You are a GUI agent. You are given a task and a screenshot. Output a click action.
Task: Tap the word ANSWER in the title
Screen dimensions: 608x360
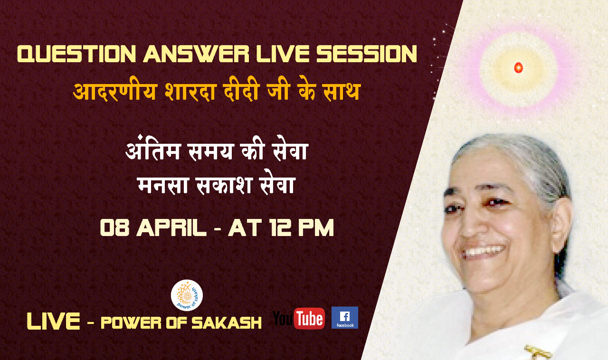(x=196, y=54)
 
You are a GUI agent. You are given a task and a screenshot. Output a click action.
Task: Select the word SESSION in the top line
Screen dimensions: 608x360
(x=367, y=54)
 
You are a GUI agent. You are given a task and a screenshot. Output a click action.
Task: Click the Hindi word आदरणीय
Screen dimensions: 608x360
(x=115, y=91)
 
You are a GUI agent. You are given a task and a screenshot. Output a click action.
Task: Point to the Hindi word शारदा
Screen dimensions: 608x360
(x=190, y=91)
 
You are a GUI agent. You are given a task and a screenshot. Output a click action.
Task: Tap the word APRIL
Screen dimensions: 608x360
(x=171, y=227)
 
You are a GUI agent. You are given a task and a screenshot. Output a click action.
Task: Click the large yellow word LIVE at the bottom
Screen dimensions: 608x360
(x=54, y=321)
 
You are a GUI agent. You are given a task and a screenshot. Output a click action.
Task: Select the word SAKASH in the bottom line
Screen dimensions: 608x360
(x=227, y=323)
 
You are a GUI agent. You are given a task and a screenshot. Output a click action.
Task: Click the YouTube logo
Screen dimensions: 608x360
(x=299, y=318)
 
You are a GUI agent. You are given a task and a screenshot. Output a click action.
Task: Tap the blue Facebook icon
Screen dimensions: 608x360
(x=345, y=318)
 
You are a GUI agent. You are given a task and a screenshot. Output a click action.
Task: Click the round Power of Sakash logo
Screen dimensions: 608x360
(x=187, y=295)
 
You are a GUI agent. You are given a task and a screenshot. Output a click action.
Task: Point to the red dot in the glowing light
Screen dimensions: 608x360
(x=518, y=67)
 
